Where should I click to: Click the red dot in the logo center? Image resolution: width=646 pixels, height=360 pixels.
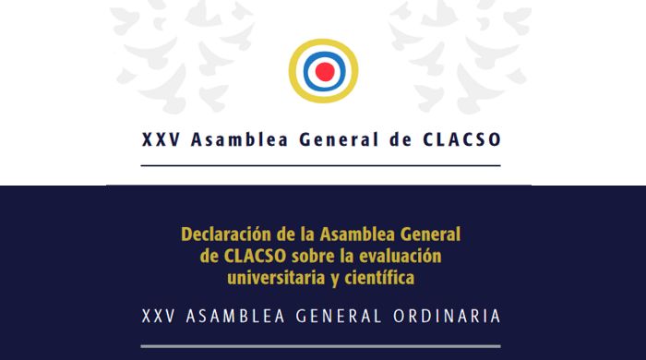(x=323, y=70)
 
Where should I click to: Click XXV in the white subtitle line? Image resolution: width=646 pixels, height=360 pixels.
(x=160, y=316)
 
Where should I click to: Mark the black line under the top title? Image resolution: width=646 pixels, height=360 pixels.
(x=320, y=165)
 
